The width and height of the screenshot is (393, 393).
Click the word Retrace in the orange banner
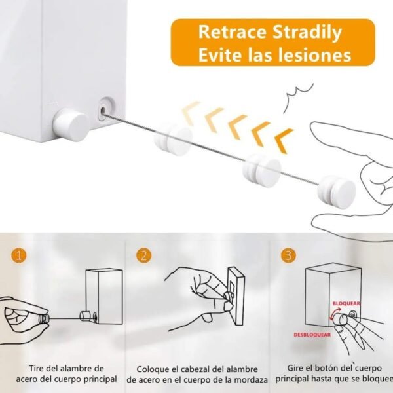pyautogui.click(x=232, y=32)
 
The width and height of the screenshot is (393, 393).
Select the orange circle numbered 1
pyautogui.click(x=18, y=255)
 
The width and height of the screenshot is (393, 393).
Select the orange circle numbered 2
pyautogui.click(x=144, y=255)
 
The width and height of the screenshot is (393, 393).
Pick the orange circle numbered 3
pyautogui.click(x=288, y=255)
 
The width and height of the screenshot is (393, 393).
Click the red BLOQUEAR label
pyautogui.click(x=346, y=303)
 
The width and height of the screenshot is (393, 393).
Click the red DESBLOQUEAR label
pyautogui.click(x=312, y=335)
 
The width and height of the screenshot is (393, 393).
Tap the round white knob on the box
pyautogui.click(x=70, y=124)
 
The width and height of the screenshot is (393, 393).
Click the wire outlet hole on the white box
pyautogui.click(x=103, y=111)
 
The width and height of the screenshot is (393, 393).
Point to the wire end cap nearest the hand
pyautogui.click(x=337, y=192)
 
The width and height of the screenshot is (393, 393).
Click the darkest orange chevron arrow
pyautogui.click(x=284, y=140)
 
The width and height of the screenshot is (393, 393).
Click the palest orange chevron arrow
pyautogui.click(x=191, y=111)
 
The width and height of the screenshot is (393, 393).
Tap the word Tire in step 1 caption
pyautogui.click(x=37, y=368)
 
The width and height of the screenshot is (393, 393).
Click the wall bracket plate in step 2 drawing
pyautogui.click(x=236, y=296)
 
